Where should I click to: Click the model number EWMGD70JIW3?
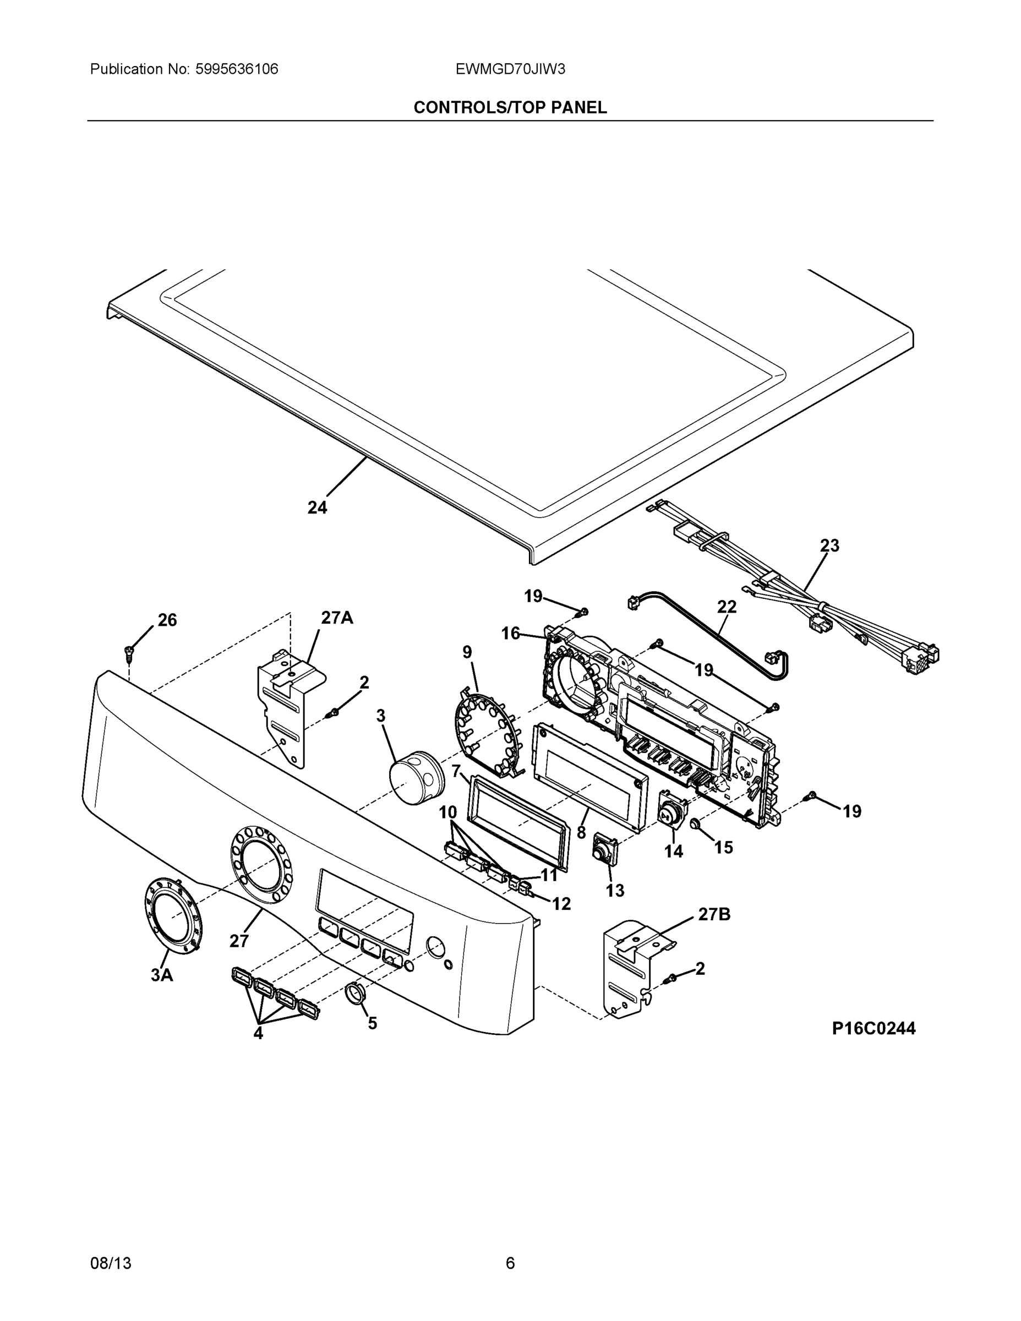coord(510,69)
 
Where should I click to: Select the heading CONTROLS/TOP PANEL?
coord(510,108)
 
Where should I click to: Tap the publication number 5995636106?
coord(237,69)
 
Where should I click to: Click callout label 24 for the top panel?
coord(317,508)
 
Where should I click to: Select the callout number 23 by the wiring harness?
coord(829,545)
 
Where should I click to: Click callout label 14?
coord(673,851)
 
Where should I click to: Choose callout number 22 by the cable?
coord(727,607)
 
